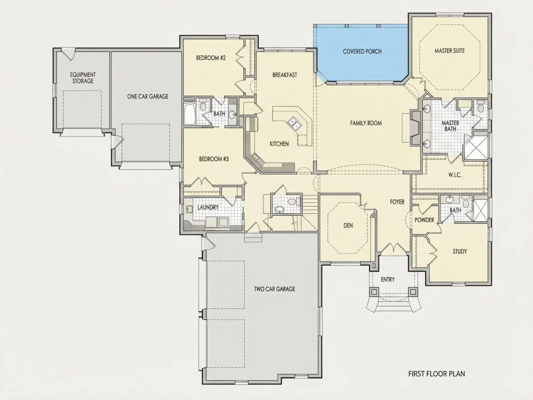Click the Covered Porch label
point(362,51)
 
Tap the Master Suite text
point(449,51)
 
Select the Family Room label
point(366,123)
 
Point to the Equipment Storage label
point(83,78)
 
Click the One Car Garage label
point(148,96)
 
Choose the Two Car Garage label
point(275,289)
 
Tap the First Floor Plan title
point(437,373)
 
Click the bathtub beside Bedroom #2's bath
point(189,114)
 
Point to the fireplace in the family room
point(415,128)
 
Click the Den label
point(348,225)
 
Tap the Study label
point(459,252)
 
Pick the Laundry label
point(208,207)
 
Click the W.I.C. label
point(455,175)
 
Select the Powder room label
point(424,220)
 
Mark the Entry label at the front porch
point(388,280)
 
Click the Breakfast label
point(285,75)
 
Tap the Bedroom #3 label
point(214,159)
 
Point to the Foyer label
point(397,202)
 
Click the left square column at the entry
point(374,292)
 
